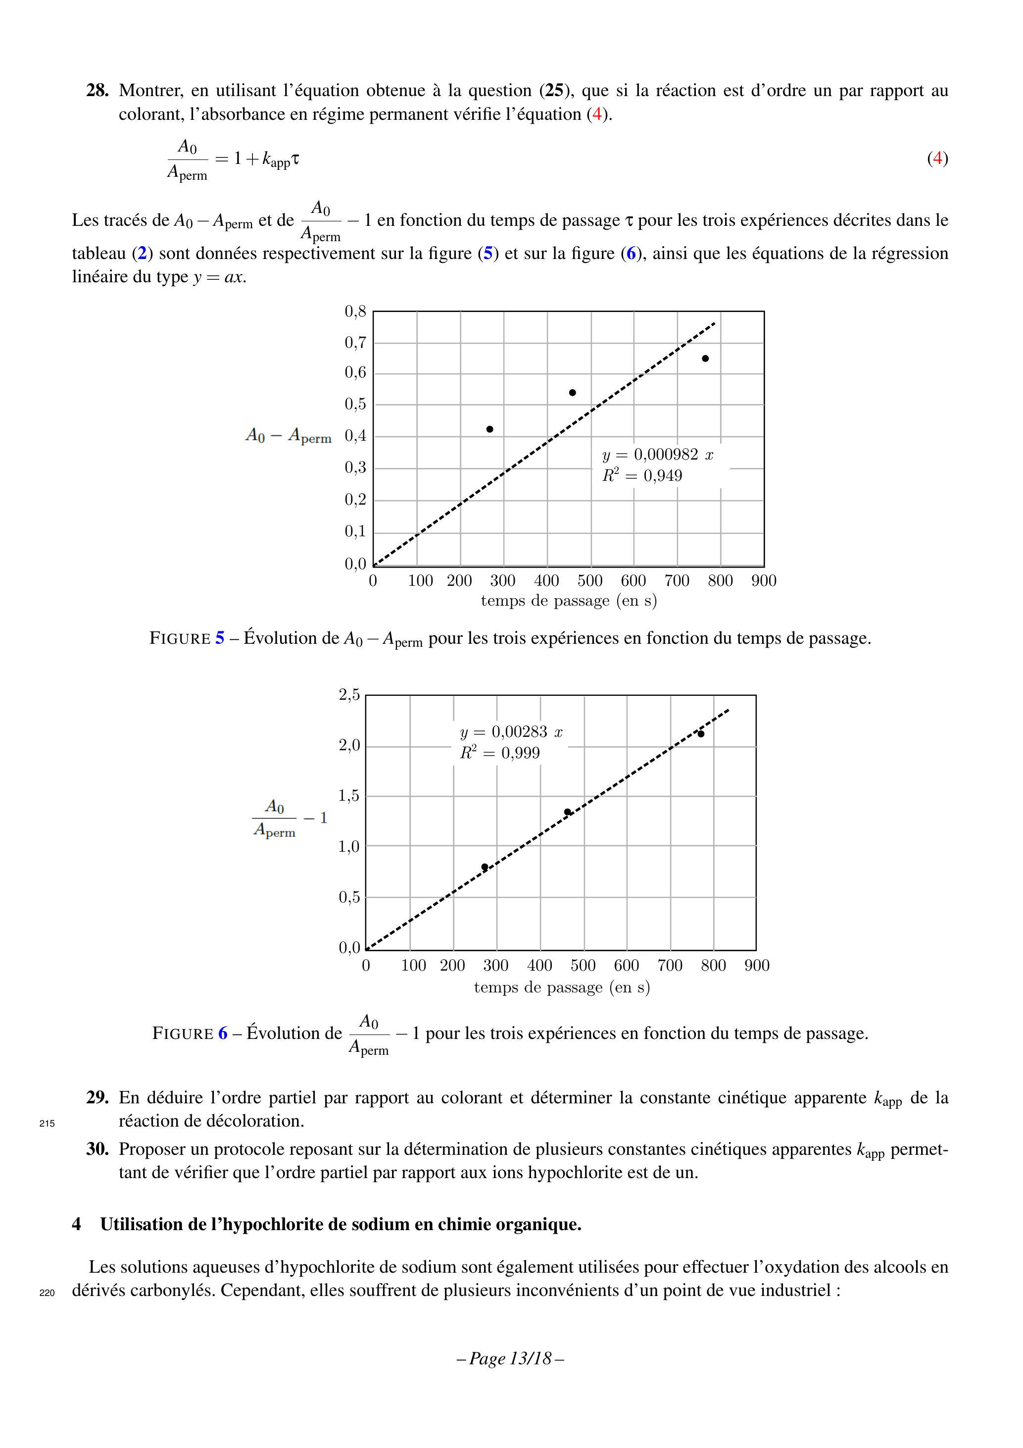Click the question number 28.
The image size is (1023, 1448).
97,91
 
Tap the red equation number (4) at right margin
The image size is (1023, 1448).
937,158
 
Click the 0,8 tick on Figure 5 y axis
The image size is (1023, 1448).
355,311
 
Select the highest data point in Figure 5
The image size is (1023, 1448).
705,358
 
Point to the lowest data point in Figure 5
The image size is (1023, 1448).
490,429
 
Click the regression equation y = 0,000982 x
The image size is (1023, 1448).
657,455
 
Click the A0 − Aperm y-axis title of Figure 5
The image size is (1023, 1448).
288,436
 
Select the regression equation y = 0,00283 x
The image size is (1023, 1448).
511,732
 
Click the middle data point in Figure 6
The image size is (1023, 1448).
567,812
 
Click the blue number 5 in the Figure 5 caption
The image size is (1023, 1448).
219,638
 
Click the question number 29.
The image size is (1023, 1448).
97,1098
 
